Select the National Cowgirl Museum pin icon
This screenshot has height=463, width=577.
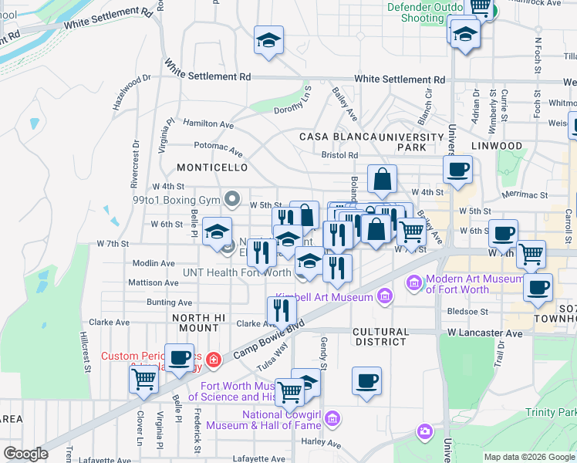coord(332,419)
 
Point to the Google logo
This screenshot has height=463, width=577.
coord(25,455)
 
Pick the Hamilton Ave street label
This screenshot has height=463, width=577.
coord(208,123)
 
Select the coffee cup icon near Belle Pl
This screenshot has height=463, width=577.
coord(180,357)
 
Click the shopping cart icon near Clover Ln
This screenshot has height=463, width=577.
coord(144,379)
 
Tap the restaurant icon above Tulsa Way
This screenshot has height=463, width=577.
coord(282,309)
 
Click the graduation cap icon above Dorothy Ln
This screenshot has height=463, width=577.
coord(268,40)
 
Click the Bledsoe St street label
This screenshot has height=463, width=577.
coord(467,312)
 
